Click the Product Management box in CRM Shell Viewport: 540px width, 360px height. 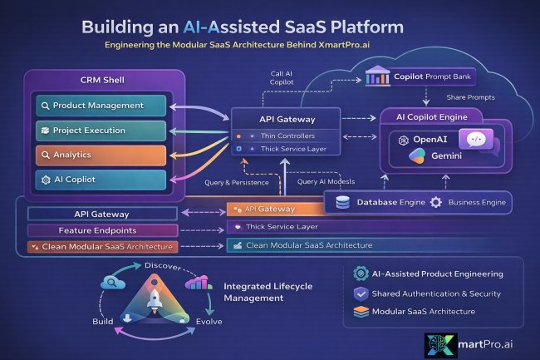[x=101, y=106]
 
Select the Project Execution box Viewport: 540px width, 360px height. [x=101, y=131]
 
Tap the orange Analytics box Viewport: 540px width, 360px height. [x=101, y=155]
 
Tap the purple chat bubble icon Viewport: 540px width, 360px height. [x=476, y=142]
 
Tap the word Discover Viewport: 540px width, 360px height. [x=162, y=265]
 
